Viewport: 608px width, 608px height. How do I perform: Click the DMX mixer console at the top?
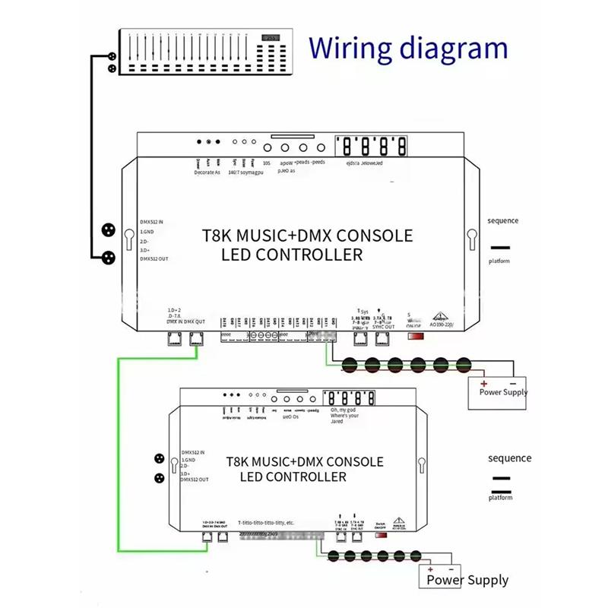[203, 51]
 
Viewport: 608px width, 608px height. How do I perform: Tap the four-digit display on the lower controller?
[350, 398]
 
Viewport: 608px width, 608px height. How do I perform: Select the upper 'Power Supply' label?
[503, 392]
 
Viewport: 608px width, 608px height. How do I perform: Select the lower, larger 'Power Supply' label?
[467, 580]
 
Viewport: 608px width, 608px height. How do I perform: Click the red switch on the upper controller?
[416, 336]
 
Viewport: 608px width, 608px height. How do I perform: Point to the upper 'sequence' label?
[503, 221]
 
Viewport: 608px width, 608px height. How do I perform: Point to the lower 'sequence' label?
[509, 458]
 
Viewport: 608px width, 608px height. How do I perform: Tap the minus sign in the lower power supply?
[454, 568]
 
